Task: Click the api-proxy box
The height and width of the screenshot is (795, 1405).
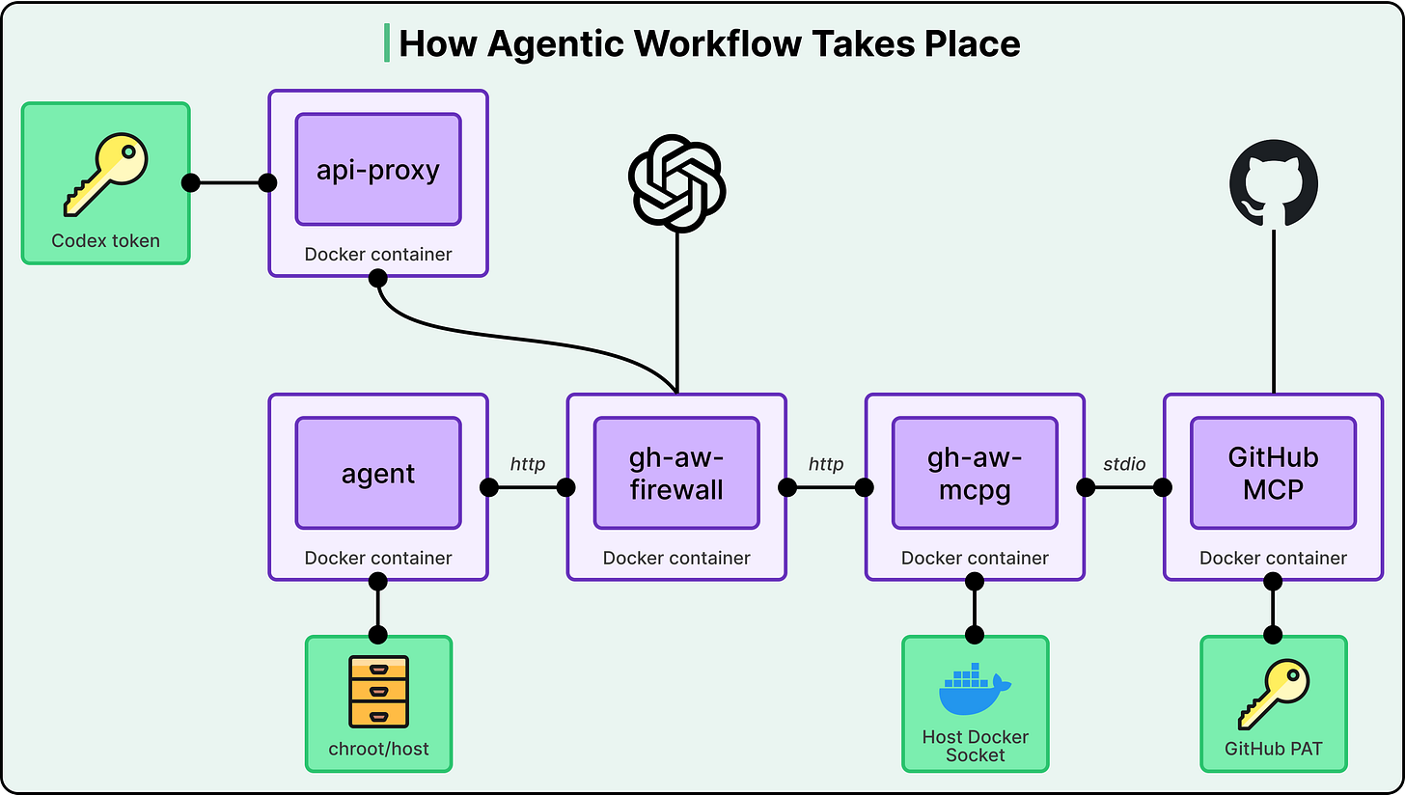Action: coord(378,170)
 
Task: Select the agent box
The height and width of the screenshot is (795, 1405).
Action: coord(378,474)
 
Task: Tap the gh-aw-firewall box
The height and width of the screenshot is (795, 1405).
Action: coord(676,474)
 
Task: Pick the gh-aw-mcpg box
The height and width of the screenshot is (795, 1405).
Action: coord(975,474)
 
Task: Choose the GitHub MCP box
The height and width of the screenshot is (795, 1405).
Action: coord(1273,474)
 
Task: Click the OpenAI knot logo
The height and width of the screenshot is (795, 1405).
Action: coord(676,182)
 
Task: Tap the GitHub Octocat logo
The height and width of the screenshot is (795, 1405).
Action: coord(1274,182)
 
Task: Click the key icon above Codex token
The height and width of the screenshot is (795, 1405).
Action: coord(106,174)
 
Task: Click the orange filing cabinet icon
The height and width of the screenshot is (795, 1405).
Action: coord(378,691)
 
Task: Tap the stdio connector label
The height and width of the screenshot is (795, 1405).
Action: coord(1124,464)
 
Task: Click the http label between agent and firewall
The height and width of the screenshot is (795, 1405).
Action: coord(528,464)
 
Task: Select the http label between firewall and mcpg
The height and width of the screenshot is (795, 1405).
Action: coord(826,464)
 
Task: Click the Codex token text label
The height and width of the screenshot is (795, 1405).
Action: coord(106,240)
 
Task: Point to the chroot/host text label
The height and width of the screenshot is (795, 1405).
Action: coord(378,749)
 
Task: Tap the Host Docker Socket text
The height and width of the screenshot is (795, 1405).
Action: coord(975,746)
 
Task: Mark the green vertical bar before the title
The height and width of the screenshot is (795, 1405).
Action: coord(387,43)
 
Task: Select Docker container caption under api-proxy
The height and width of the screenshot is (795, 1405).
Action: coord(378,255)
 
